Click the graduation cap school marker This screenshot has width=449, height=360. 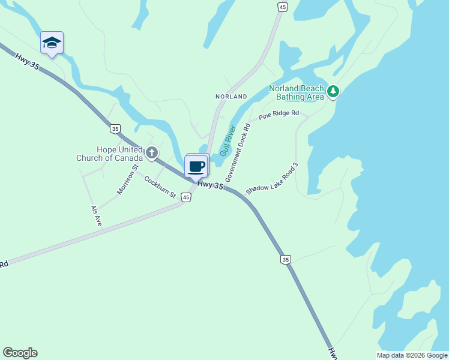52,43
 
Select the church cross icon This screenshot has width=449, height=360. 152,153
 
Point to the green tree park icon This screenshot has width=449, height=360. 333,92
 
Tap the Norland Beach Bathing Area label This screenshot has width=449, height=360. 297,92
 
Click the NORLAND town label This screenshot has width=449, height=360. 231,97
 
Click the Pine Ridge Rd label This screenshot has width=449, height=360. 279,114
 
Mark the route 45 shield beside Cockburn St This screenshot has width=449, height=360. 186,197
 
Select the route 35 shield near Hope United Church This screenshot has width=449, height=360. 115,128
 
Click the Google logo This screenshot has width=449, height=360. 20,353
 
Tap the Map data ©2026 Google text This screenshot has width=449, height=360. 412,355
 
